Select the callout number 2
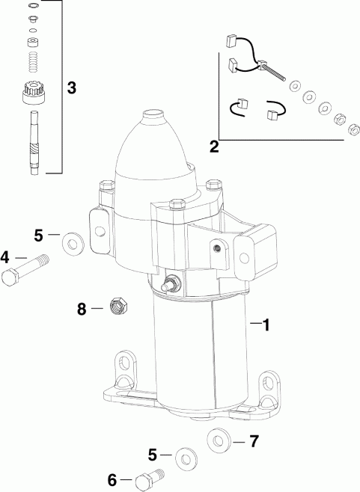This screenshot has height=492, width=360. [x=214, y=147]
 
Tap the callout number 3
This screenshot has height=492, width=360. [x=71, y=87]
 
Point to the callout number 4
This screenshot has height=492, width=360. [x=6, y=258]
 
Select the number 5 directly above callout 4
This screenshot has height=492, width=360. [x=40, y=235]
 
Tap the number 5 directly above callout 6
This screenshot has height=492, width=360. [x=153, y=454]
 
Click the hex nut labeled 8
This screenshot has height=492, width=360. [x=117, y=307]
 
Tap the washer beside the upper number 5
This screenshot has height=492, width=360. [x=73, y=241]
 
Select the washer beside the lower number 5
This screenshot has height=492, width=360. [x=183, y=458]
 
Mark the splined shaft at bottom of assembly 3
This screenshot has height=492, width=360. [x=32, y=142]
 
